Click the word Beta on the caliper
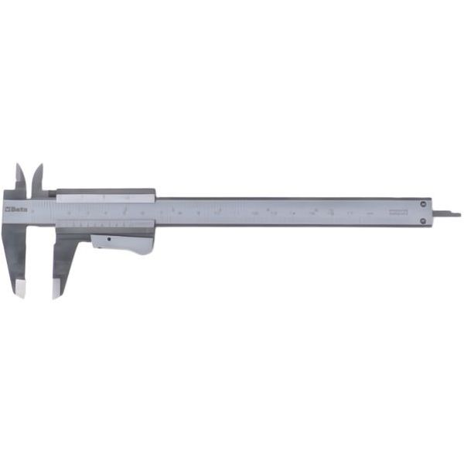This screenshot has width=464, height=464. [x=19, y=209]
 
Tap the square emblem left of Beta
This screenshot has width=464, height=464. [x=9, y=209]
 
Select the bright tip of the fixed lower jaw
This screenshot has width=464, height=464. [x=21, y=290]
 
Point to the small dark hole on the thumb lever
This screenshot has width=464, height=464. [x=109, y=240]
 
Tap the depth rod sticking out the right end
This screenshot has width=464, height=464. [x=446, y=213]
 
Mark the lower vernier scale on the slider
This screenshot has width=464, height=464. [x=104, y=224]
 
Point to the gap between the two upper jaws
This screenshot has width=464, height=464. [x=29, y=182]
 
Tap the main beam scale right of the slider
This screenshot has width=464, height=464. [x=286, y=211]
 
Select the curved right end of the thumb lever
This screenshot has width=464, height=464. [x=148, y=246]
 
